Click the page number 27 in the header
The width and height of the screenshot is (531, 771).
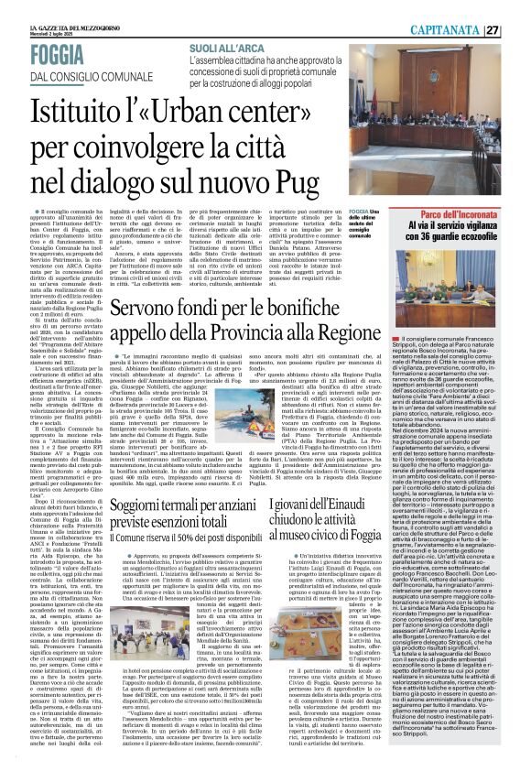pos(517,30)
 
